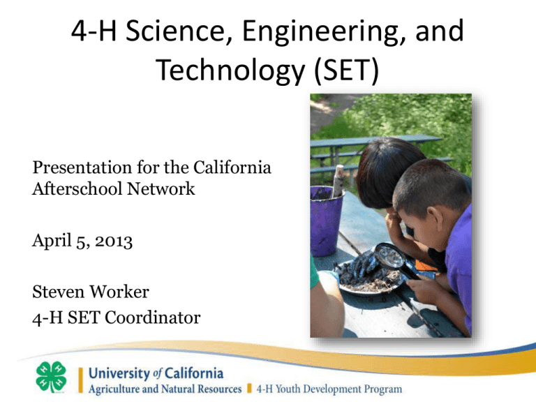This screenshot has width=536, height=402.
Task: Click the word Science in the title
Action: (x=176, y=31)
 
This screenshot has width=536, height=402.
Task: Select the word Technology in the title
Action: (x=230, y=70)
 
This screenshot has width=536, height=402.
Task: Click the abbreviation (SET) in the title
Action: (x=347, y=70)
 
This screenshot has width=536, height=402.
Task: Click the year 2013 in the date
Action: (x=114, y=241)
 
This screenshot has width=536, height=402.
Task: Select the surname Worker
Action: (x=119, y=292)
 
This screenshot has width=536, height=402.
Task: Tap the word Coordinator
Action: (x=152, y=318)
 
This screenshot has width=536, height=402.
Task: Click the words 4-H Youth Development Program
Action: (x=329, y=389)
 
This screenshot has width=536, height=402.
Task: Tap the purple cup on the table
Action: (x=326, y=221)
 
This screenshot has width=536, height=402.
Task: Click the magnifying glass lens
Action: (x=389, y=255)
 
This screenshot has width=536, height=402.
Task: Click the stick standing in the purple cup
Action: (x=338, y=181)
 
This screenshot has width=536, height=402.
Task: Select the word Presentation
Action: (x=82, y=167)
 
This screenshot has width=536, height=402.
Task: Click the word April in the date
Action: (x=52, y=241)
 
